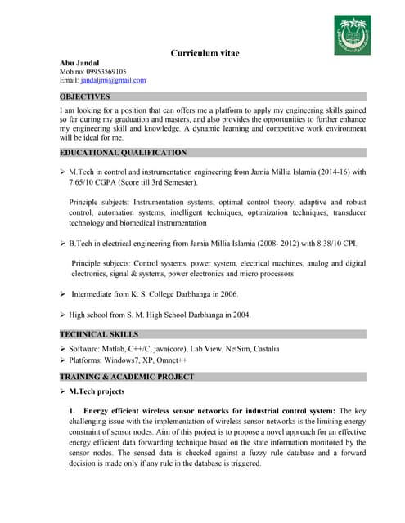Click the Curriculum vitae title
[x=205, y=53]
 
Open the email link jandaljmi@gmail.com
[x=114, y=80]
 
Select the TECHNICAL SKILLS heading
[x=99, y=334]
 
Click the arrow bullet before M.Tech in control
[x=63, y=172]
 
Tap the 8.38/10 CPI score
[x=319, y=244]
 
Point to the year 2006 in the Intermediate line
[x=227, y=293]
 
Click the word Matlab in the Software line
[x=118, y=349]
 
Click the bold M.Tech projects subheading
[x=97, y=392]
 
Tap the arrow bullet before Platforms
[x=63, y=360]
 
